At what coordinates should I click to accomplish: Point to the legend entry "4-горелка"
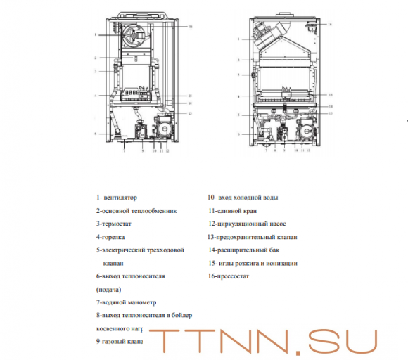click(112, 237)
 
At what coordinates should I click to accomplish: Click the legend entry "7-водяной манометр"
click(127, 302)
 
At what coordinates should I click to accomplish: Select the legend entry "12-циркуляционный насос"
click(246, 224)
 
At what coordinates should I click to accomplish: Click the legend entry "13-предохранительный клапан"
click(253, 237)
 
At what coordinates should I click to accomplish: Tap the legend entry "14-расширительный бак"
click(244, 250)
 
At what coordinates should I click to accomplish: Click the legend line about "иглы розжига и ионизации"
click(253, 264)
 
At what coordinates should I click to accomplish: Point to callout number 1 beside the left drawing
click(95, 34)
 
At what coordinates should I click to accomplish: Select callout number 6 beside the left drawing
click(96, 132)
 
